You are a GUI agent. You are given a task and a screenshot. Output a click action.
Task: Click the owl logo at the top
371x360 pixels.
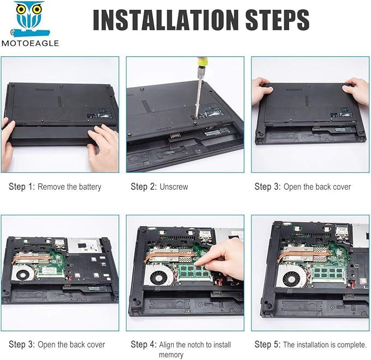pyautogui.click(x=30, y=20)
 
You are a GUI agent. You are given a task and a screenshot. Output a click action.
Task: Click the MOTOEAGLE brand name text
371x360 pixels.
pyautogui.click(x=30, y=43)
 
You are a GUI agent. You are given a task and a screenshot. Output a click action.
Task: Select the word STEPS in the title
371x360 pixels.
pyautogui.click(x=278, y=20)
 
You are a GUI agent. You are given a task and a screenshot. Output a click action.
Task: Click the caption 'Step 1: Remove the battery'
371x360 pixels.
pyautogui.click(x=55, y=187)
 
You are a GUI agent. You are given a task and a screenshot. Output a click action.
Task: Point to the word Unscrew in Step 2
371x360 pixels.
pyautogui.click(x=174, y=187)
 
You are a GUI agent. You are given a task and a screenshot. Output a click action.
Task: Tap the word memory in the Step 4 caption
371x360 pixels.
pyautogui.click(x=171, y=355)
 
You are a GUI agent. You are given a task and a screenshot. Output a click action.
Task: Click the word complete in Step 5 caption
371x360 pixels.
pyautogui.click(x=351, y=345)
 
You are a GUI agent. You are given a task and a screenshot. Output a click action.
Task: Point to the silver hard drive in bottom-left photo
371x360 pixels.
pyautogui.click(x=85, y=245)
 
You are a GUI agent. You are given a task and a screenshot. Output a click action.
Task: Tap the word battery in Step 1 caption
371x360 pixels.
pyautogui.click(x=90, y=187)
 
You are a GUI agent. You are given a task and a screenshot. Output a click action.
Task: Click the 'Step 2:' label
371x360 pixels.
pyautogui.click(x=144, y=187)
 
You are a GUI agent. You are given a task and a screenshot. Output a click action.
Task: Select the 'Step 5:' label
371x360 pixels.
pyautogui.click(x=267, y=344)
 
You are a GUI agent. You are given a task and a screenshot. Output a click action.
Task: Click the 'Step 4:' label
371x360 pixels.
pyautogui.click(x=144, y=344)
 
